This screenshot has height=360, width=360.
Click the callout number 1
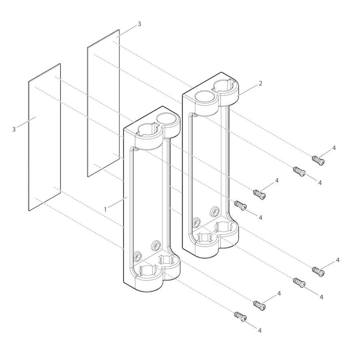105,209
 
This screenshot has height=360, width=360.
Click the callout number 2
260,83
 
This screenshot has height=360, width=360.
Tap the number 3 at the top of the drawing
139,24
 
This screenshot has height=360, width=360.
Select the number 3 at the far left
14,130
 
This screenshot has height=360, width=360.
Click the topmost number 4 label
334,148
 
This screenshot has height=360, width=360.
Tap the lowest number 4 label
260,330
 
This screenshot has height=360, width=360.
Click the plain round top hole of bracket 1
167,118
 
